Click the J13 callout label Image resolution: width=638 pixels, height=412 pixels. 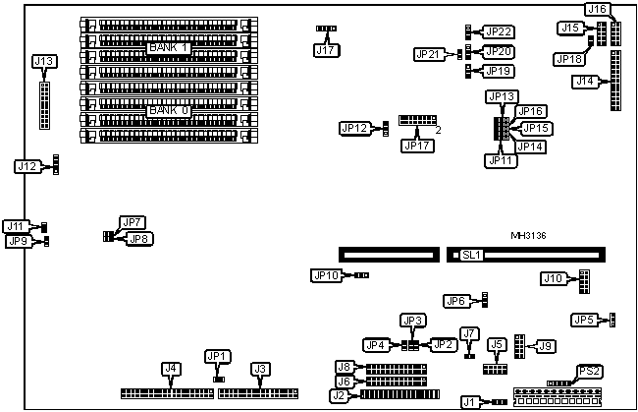[x=44, y=61]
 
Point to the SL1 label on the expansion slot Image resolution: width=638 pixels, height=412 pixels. [x=472, y=255]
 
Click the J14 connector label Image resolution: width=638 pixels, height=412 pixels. [x=585, y=81]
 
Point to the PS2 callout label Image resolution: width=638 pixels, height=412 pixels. [x=589, y=370]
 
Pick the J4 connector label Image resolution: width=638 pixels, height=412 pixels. [x=170, y=369]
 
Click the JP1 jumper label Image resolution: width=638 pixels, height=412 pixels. [x=217, y=356]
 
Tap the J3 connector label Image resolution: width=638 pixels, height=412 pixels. [x=260, y=369]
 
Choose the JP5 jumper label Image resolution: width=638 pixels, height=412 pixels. [x=584, y=320]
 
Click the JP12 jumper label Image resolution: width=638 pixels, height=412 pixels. [x=353, y=128]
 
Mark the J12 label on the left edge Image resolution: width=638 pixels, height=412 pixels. [x=27, y=166]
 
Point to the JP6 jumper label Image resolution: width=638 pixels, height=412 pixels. [x=455, y=301]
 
